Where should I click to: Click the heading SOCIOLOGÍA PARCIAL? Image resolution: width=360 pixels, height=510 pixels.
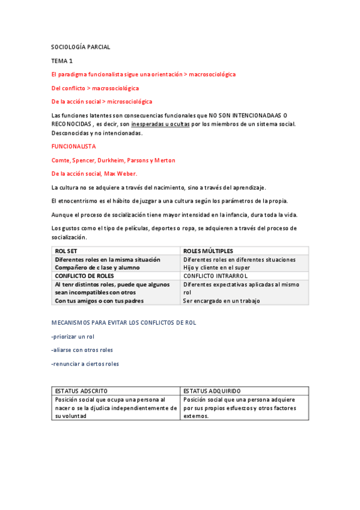(81, 47)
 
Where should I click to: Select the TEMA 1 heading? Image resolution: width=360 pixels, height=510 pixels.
(62, 61)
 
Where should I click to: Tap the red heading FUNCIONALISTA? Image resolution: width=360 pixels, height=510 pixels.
(74, 146)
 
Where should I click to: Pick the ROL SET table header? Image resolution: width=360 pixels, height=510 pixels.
(66, 251)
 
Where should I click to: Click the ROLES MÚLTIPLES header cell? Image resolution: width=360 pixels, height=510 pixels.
(209, 251)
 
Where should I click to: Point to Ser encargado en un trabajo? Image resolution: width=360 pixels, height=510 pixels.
(222, 301)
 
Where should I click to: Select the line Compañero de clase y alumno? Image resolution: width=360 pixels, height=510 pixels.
(97, 268)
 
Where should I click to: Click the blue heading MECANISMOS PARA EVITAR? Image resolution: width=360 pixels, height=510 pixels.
(124, 322)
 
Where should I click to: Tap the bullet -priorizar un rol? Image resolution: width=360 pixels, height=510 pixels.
(73, 336)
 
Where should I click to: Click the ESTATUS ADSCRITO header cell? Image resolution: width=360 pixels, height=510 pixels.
(82, 390)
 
